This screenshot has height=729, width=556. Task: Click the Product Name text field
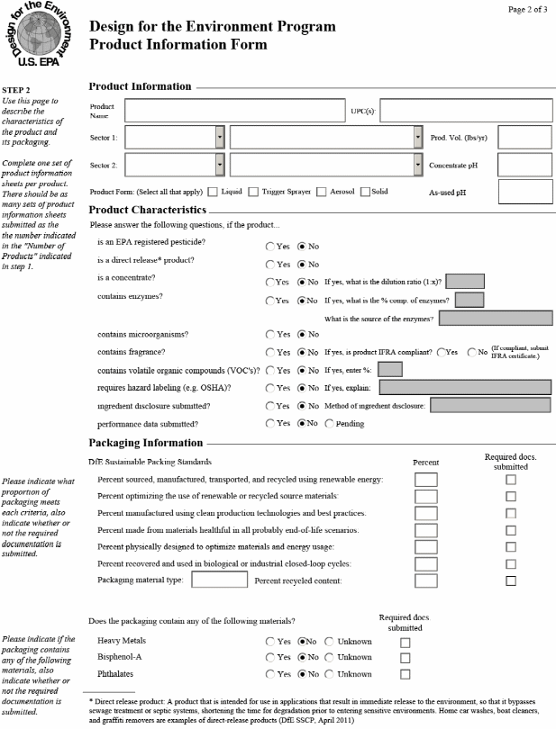point(232,111)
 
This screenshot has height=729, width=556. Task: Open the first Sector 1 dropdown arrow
point(220,138)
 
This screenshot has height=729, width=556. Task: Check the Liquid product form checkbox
point(213,191)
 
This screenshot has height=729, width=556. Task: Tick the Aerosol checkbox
point(321,191)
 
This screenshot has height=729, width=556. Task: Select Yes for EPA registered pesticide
point(270,246)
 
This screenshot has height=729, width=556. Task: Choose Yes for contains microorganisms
point(270,334)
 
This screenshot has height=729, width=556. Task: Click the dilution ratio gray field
point(466,281)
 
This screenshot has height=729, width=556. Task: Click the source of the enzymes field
point(496,318)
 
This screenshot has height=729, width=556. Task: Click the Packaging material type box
point(219,580)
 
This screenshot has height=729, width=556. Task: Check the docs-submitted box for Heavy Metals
point(405,642)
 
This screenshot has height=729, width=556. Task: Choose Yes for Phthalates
point(270,674)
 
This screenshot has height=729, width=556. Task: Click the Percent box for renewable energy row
point(425,480)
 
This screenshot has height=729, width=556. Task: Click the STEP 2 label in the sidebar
point(16,90)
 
